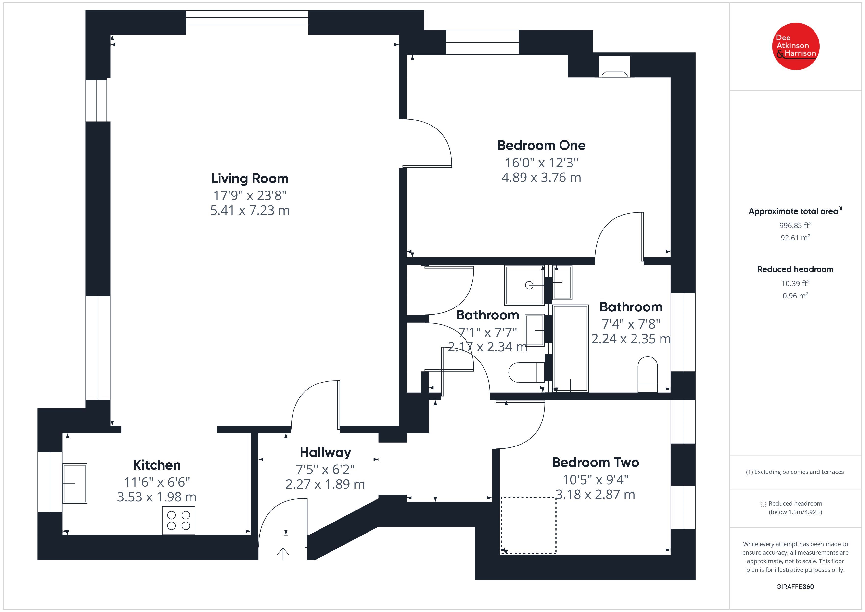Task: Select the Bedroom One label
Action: pos(541,145)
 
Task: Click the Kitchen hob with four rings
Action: pos(178,521)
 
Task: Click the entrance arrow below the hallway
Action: pos(283,553)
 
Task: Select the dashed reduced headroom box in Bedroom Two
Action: pos(528,525)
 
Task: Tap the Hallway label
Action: pos(325,452)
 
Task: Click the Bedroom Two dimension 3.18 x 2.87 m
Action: pos(595,494)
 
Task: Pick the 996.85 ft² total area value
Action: pos(795,225)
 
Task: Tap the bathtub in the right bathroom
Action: pos(570,348)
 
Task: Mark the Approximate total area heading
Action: pos(795,211)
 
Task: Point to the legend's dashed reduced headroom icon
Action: pos(763,503)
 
